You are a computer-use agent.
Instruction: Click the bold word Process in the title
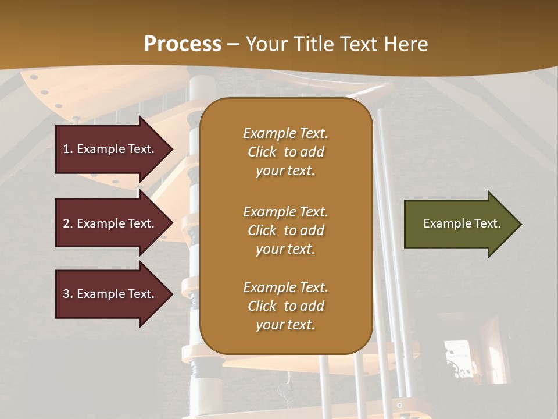coord(183,44)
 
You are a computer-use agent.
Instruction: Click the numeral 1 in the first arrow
coord(66,149)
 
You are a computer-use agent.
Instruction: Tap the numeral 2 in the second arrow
coord(66,223)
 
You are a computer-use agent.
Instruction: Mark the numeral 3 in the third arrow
coord(66,294)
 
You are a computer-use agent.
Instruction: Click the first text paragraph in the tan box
coord(285,152)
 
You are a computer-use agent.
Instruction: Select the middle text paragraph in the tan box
coord(285,230)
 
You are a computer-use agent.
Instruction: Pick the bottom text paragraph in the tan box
coord(285,306)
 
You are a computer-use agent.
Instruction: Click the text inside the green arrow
coord(462,223)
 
